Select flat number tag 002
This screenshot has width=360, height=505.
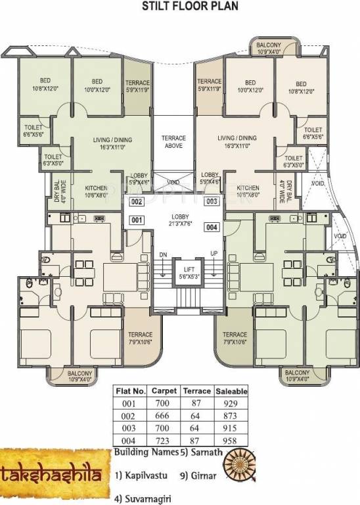click(x=137, y=202)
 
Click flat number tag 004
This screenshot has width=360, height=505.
click(x=212, y=228)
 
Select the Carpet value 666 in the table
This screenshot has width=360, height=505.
click(x=164, y=416)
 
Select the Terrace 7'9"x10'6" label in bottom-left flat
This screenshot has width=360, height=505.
click(x=140, y=337)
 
